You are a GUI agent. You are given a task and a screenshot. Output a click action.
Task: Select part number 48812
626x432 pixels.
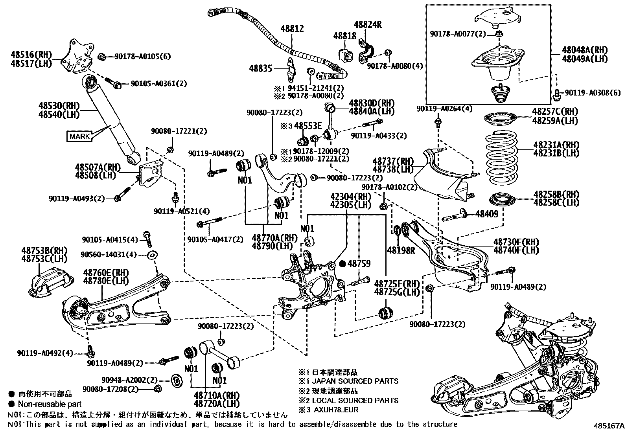[x=292, y=29]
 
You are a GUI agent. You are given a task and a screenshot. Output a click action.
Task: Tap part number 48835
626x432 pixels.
[x=260, y=68]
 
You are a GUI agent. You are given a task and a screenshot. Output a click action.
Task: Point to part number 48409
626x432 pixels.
[x=487, y=214]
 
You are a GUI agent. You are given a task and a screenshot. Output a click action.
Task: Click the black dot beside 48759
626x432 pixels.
[x=342, y=264]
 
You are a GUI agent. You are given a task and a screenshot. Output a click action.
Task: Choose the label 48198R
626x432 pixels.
[x=401, y=250]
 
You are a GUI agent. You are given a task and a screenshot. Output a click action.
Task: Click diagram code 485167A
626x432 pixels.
[x=609, y=426]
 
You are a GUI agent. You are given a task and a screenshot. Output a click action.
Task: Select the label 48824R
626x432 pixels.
[x=368, y=24]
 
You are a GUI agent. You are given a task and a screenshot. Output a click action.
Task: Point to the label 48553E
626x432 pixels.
[x=308, y=126]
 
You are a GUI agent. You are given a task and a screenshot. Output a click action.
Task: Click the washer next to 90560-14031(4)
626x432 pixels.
[x=152, y=255]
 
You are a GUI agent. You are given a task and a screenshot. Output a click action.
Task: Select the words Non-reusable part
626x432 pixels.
[x=50, y=404]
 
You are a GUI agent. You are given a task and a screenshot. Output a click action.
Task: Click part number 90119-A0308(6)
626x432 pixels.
[x=593, y=93]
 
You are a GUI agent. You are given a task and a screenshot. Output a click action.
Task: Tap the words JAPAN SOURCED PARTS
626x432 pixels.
[x=355, y=381]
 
